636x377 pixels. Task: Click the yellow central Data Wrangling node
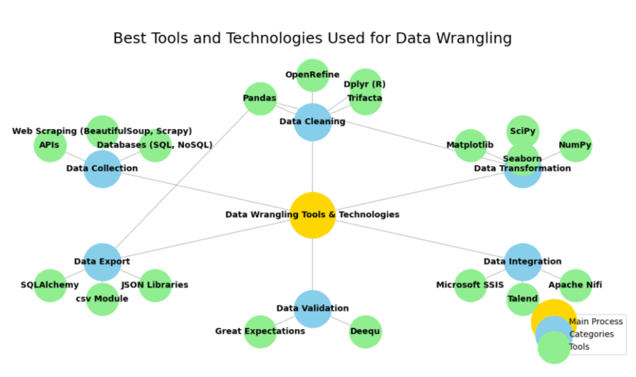(312, 215)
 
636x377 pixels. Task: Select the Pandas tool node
(260, 99)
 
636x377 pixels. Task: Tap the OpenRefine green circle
(312, 75)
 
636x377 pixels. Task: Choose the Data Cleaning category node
(312, 122)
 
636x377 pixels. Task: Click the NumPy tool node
(576, 145)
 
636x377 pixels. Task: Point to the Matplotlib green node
(470, 145)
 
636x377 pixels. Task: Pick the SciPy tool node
(523, 131)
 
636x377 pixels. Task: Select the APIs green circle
(50, 145)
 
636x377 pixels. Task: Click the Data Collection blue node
(103, 168)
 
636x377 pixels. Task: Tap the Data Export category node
(103, 262)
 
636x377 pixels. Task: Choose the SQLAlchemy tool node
(50, 285)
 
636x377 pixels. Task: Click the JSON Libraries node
(155, 285)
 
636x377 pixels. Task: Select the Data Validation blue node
(312, 308)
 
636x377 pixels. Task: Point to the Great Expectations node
(260, 331)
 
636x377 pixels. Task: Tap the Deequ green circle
(365, 331)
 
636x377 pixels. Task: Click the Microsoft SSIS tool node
(470, 285)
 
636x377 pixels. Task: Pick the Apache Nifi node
(576, 285)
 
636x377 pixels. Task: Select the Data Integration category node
(523, 262)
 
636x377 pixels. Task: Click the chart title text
(312, 38)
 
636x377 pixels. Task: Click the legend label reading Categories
(590, 334)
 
